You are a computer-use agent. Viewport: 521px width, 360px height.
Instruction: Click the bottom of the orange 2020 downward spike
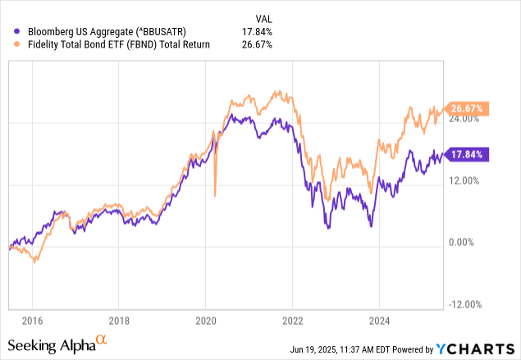pos(215,195)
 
